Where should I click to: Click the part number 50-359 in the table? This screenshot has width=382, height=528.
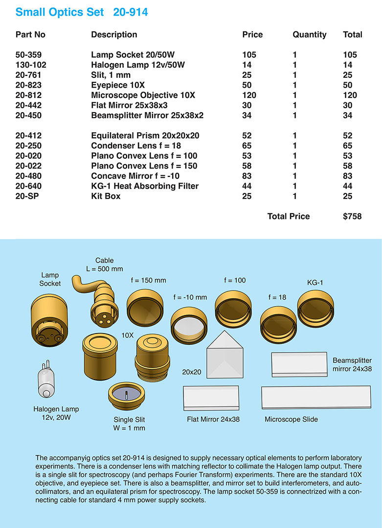pos(28,55)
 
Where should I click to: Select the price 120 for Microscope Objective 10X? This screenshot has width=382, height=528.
pos(249,95)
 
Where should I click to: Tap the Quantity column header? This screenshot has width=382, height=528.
pos(309,35)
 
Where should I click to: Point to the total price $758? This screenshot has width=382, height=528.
pos(352,216)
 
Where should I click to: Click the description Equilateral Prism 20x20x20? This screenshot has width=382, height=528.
pos(145,136)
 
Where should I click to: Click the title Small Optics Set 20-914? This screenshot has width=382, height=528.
pos(82,12)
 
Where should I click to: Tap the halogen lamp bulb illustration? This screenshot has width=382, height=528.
pos(45,381)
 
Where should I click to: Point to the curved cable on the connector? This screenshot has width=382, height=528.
pos(83,284)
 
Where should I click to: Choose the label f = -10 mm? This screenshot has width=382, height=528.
pos(190,297)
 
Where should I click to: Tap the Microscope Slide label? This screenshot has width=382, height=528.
pos(291,419)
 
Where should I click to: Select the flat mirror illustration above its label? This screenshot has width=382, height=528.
pos(211,399)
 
